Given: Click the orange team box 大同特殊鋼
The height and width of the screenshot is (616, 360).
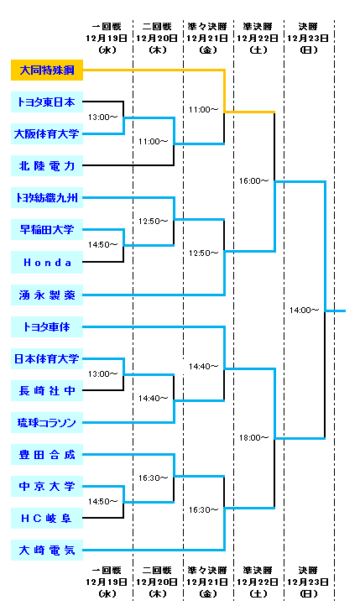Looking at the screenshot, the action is pyautogui.click(x=47, y=70).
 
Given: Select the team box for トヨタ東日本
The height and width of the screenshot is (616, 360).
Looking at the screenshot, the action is pyautogui.click(x=47, y=102).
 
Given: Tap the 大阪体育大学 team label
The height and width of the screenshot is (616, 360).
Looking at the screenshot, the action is pyautogui.click(x=47, y=134).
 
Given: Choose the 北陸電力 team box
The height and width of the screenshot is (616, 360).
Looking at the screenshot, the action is pyautogui.click(x=47, y=166).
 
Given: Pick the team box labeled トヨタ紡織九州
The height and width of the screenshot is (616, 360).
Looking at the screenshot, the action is pyautogui.click(x=47, y=197).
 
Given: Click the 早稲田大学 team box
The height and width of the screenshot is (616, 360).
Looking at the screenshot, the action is pyautogui.click(x=47, y=229).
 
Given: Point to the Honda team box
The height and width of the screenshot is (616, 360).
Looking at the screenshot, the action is pyautogui.click(x=47, y=262).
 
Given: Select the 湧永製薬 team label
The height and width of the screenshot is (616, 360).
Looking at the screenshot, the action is pyautogui.click(x=47, y=295).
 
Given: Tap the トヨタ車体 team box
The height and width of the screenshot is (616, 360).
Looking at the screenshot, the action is pyautogui.click(x=47, y=326).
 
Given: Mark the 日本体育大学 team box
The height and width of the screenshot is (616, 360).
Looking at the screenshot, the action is pyautogui.click(x=47, y=358).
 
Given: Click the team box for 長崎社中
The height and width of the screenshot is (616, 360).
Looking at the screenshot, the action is pyautogui.click(x=47, y=390).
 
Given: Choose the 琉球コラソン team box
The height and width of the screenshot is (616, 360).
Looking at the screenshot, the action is pyautogui.click(x=47, y=423).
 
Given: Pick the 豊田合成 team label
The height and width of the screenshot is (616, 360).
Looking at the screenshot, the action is pyautogui.click(x=47, y=455).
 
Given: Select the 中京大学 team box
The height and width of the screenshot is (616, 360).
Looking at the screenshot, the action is pyautogui.click(x=47, y=487).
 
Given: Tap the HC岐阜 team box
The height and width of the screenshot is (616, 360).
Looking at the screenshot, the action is pyautogui.click(x=47, y=518).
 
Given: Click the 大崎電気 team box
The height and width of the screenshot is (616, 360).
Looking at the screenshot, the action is pyautogui.click(x=47, y=550).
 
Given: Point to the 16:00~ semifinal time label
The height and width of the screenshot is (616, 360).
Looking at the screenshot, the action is pyautogui.click(x=254, y=181).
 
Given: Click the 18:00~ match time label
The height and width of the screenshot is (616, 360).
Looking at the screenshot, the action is pyautogui.click(x=254, y=437).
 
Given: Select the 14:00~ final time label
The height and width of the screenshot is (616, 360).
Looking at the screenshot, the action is pyautogui.click(x=304, y=311).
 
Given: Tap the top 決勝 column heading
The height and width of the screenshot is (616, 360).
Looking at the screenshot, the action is pyautogui.click(x=308, y=27).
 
